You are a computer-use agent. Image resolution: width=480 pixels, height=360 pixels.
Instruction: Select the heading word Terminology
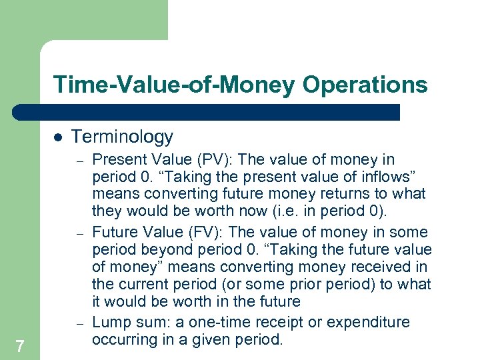(122, 137)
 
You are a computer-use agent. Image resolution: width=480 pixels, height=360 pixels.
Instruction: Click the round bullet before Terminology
(57, 137)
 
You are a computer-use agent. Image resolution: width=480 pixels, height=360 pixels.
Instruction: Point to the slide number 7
(20, 346)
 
